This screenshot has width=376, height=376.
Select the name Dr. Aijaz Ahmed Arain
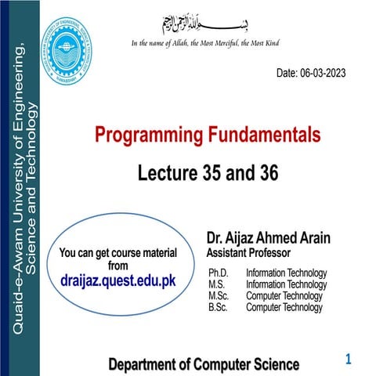[x=269, y=237]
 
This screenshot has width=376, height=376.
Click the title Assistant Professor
[x=248, y=253]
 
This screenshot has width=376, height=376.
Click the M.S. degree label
[x=217, y=284]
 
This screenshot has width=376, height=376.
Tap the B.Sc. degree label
[x=219, y=308]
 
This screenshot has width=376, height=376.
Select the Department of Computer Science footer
[x=203, y=364]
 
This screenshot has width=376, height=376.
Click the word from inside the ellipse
[x=117, y=265]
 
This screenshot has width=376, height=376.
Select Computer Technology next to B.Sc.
[x=284, y=308]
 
